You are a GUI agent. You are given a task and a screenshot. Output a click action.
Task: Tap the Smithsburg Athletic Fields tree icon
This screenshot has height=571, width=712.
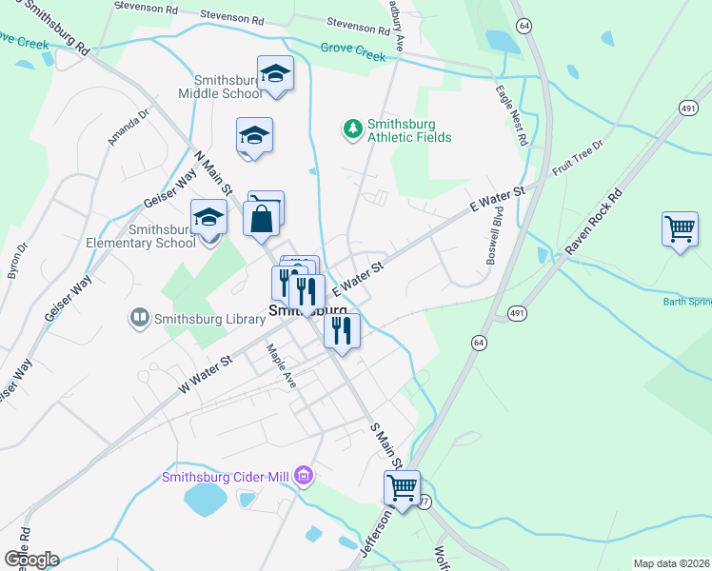(x=352, y=128)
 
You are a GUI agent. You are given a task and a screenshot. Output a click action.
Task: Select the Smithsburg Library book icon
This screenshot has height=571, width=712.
(x=138, y=317)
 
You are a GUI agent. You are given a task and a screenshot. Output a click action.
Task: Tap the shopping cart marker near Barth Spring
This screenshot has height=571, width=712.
(x=680, y=228)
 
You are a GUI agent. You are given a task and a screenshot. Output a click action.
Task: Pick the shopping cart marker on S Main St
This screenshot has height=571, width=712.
(x=402, y=487)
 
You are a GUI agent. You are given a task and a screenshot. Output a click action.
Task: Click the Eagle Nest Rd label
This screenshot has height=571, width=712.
(x=511, y=114)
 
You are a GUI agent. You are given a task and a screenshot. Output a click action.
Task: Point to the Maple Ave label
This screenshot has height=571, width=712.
(x=283, y=366)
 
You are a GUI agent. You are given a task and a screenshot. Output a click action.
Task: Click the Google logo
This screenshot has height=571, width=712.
(x=31, y=559)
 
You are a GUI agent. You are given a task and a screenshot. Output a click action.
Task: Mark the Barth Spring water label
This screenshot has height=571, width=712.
(x=686, y=303)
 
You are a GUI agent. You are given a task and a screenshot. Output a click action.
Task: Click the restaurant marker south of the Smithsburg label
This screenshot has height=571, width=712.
(x=342, y=330)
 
